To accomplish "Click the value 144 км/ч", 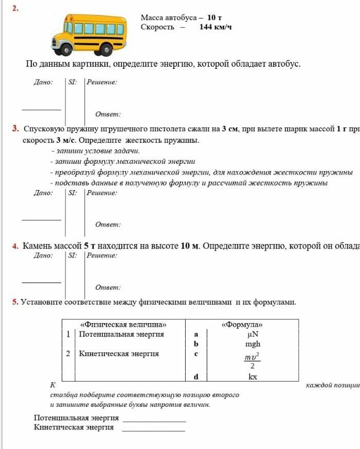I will pos(215,27).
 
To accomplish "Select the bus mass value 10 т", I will pos(214,17).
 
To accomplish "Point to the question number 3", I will pos(15,128).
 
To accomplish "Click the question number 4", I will pos(15,246).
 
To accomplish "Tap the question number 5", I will pos(15,302).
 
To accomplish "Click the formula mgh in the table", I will pos(253,344).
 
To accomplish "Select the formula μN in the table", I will pos(253,334).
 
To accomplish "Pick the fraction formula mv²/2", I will pos(252,361).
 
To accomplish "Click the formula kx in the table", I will pos(253,377).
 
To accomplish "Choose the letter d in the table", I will pos(196,377).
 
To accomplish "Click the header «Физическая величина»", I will pos(124,325).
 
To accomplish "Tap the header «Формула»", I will pos(242,325).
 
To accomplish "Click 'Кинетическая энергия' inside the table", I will pos(119,353).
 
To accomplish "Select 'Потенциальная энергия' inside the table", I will pos(121,334).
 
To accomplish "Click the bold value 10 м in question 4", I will pos(190,246).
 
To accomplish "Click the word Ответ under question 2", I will pos(108,114).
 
